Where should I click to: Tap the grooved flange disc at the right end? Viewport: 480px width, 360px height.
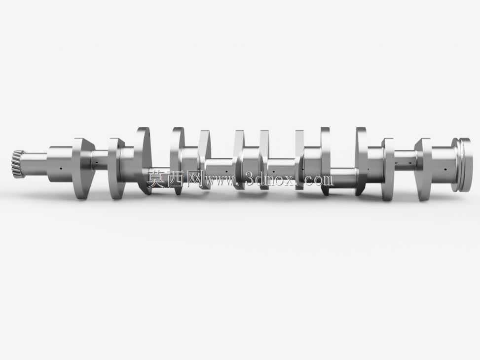(x=462, y=165)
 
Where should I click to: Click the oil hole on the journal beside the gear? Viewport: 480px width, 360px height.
(x=61, y=168)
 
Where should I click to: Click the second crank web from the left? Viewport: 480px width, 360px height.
(x=116, y=169)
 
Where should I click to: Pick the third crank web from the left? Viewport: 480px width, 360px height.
(x=143, y=160)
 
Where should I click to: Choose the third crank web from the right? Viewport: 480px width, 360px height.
(x=361, y=161)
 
